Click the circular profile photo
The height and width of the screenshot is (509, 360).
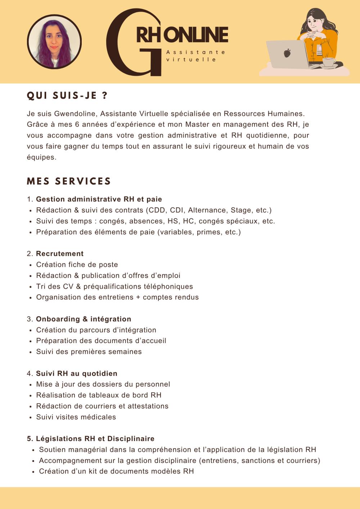coord(54,41)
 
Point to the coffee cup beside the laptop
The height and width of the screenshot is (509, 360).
coord(328,62)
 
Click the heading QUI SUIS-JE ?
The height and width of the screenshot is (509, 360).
coord(67,96)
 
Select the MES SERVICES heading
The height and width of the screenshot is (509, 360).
coord(69,181)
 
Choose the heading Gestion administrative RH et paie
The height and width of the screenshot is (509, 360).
coord(99,199)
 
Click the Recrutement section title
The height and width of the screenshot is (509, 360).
coord(60,254)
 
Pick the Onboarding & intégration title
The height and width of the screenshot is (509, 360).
coord(84,319)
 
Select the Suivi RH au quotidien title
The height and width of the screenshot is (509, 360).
coord(77,373)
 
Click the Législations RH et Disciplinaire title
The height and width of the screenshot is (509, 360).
coord(95,438)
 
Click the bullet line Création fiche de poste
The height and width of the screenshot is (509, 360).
coord(77,265)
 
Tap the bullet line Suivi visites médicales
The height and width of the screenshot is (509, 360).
coord(76,417)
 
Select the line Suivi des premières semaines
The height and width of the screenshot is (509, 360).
coord(89,352)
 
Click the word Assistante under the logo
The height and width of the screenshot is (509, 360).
coord(196,52)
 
